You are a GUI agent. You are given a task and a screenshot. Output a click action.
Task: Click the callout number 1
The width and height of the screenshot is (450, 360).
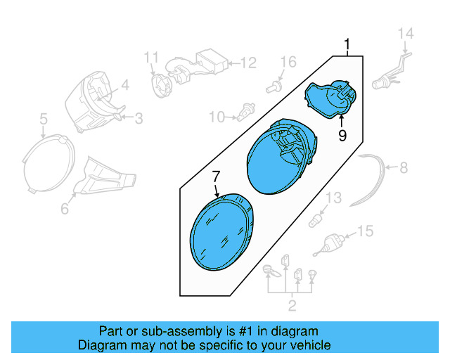pyautogui.click(x=347, y=46)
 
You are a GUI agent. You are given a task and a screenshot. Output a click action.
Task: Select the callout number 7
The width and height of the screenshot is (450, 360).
pyautogui.click(x=217, y=176)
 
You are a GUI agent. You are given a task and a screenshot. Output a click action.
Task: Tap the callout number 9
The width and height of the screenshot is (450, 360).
pyautogui.click(x=342, y=136)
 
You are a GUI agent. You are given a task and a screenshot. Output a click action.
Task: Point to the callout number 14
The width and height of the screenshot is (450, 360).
pyautogui.click(x=406, y=34)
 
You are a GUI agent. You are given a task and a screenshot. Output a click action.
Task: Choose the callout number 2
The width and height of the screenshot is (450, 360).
pyautogui.click(x=292, y=305)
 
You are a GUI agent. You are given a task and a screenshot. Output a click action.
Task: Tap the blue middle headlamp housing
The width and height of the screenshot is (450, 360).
pyautogui.click(x=281, y=155)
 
